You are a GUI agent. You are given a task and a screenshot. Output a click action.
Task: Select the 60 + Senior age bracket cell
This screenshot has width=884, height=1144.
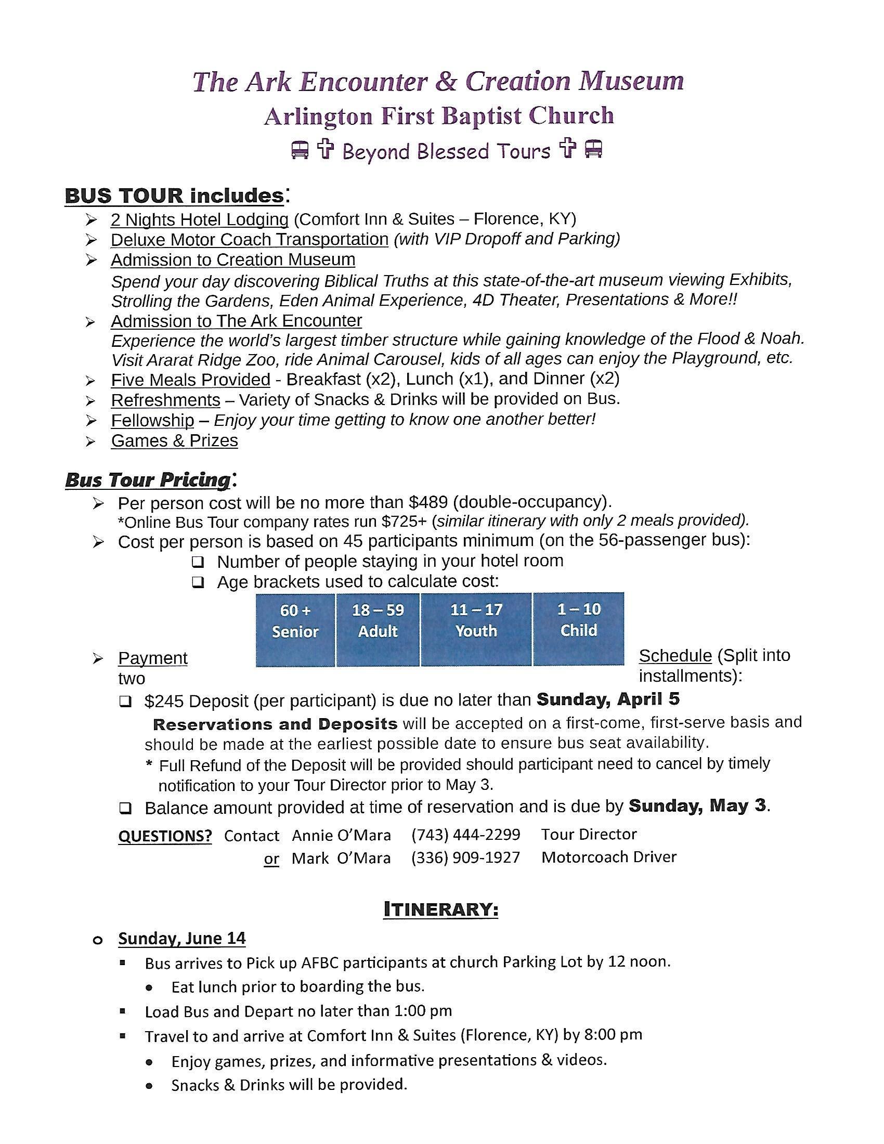point(295,629)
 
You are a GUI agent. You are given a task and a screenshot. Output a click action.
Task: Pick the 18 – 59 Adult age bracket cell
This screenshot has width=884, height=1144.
point(378,629)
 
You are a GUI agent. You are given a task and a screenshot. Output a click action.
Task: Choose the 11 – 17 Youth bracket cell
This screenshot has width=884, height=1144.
point(476,629)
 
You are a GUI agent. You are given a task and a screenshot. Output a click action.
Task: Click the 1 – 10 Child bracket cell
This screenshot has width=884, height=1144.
point(578,629)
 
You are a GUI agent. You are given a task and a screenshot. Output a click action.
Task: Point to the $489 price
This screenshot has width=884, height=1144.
point(428,502)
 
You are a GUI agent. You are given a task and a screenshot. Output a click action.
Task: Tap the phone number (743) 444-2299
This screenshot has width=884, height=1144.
point(465,834)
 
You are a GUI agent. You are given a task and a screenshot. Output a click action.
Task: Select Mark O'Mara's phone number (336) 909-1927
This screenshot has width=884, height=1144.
point(465,857)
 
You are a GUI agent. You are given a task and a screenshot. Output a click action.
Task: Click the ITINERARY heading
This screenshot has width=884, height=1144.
point(440,909)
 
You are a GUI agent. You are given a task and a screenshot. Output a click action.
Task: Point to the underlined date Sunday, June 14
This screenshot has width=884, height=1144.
point(181,938)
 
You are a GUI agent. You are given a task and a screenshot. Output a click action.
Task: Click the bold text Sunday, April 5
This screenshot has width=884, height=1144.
point(608,699)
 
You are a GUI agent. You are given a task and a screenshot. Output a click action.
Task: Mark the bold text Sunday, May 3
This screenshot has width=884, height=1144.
point(697,805)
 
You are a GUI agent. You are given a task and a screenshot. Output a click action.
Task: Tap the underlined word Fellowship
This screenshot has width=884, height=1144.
point(152,420)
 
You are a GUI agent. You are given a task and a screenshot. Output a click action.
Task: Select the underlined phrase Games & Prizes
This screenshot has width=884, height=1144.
point(174,440)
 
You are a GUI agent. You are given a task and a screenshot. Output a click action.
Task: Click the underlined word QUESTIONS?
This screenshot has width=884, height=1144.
point(165,836)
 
